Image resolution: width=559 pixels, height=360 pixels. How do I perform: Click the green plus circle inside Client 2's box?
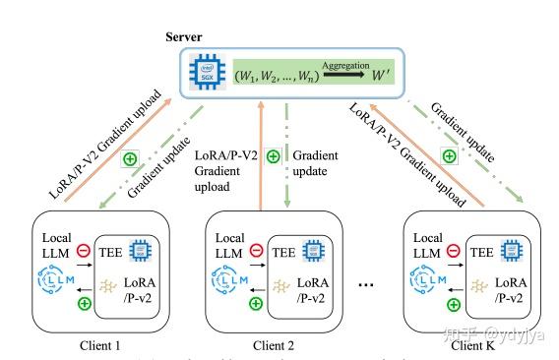tap(257, 304)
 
